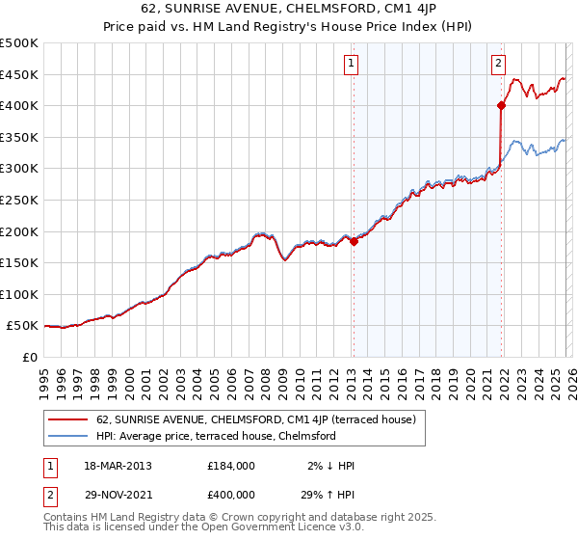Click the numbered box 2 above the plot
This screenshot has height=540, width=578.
pos(498,65)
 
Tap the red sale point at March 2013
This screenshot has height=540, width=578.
pos(354,242)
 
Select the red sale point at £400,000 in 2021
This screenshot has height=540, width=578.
pos(502,106)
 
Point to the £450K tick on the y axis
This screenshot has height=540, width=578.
pos(20,74)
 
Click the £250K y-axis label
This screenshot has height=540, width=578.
pos(20,200)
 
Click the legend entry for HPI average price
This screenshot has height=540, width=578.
pos(215,436)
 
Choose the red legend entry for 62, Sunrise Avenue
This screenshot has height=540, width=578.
pos(255,419)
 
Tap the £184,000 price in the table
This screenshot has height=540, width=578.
pos(231,466)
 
